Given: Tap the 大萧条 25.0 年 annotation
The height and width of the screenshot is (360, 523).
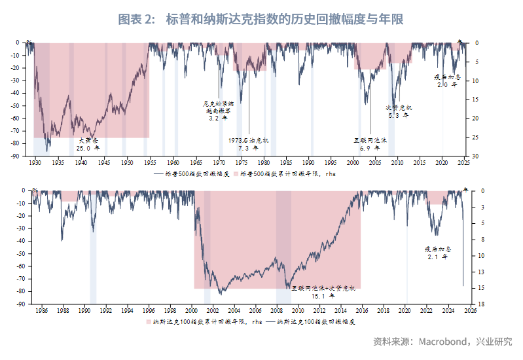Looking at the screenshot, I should click(84, 144).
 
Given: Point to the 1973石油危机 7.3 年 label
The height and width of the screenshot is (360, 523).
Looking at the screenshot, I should click(248, 144).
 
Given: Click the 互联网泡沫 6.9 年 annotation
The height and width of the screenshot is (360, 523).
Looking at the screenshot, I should click(371, 144).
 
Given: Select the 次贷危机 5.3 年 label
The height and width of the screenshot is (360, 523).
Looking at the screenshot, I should click(397, 111).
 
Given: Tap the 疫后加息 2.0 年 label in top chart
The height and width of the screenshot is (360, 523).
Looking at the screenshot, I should click(446, 81).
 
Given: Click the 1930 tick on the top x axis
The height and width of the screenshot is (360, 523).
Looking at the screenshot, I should click(35, 162).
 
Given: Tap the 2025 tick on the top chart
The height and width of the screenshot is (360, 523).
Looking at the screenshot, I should click(464, 162).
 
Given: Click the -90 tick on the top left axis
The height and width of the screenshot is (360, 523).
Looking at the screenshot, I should click(20, 156).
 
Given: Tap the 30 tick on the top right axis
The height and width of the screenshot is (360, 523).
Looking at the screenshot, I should click(477, 156).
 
